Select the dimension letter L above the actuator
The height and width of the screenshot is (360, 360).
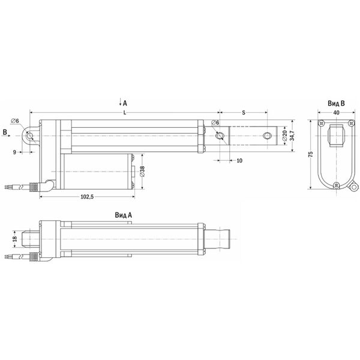tap(124, 113)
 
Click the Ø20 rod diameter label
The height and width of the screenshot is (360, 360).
tap(284, 137)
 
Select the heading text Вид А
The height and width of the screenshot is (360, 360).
tap(123, 214)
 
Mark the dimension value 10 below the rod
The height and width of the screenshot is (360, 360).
tap(239, 161)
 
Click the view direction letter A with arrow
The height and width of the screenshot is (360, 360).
tap(125, 103)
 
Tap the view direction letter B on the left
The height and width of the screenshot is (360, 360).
tap(5, 130)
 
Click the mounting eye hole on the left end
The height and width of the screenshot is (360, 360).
tap(29, 136)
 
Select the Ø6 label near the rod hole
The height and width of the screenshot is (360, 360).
tap(215, 123)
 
